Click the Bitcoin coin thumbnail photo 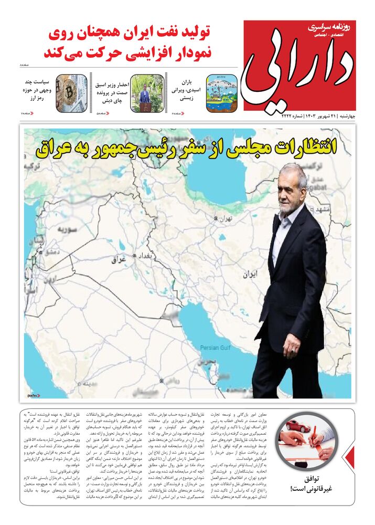71,93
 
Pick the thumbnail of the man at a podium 147,93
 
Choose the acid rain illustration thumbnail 221,93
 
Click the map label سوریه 67,229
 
